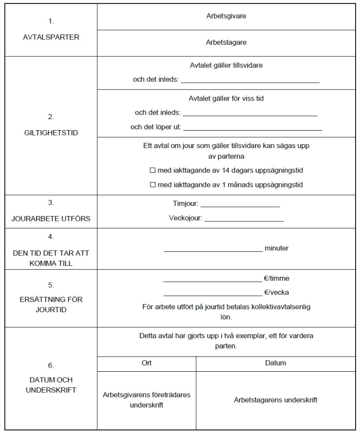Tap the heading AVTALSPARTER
(x=51, y=37)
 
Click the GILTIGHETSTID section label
(x=51, y=133)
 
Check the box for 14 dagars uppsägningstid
(x=152, y=171)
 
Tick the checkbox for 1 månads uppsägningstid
(x=152, y=184)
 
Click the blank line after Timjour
(x=240, y=205)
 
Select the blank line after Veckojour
(x=244, y=219)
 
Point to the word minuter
(x=276, y=248)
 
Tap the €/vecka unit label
(x=276, y=293)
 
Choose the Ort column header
(x=146, y=363)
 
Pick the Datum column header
(x=275, y=363)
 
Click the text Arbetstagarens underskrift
(x=275, y=400)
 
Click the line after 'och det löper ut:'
(x=253, y=128)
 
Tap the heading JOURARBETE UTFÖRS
(x=51, y=219)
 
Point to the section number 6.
(x=51, y=365)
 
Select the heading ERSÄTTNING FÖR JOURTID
(x=51, y=304)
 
